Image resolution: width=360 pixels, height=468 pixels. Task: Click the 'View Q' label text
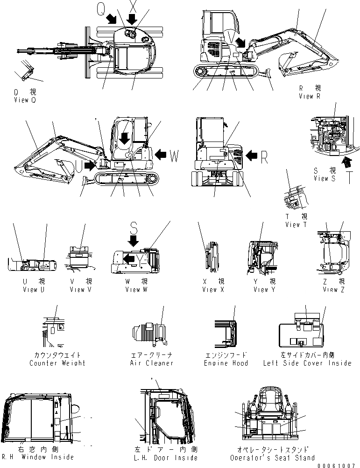(x=24, y=100)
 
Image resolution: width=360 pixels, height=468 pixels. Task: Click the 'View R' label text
(x=309, y=96)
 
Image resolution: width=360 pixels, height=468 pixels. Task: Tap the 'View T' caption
(x=296, y=225)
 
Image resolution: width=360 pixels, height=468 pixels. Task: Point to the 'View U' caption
(x=34, y=290)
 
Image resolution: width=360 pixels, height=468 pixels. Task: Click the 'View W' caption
(x=136, y=290)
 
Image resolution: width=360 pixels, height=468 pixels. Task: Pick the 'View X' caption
(x=213, y=290)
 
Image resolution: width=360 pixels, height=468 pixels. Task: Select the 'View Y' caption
(x=264, y=290)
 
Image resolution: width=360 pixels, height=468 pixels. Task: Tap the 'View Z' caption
(x=333, y=290)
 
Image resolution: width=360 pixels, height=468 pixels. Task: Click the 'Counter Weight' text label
(x=57, y=363)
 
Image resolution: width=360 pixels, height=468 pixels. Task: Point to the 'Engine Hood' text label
(x=226, y=363)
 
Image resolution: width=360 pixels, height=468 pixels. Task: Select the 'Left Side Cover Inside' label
(x=306, y=363)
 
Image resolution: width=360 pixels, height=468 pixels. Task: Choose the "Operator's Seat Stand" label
(x=272, y=458)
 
